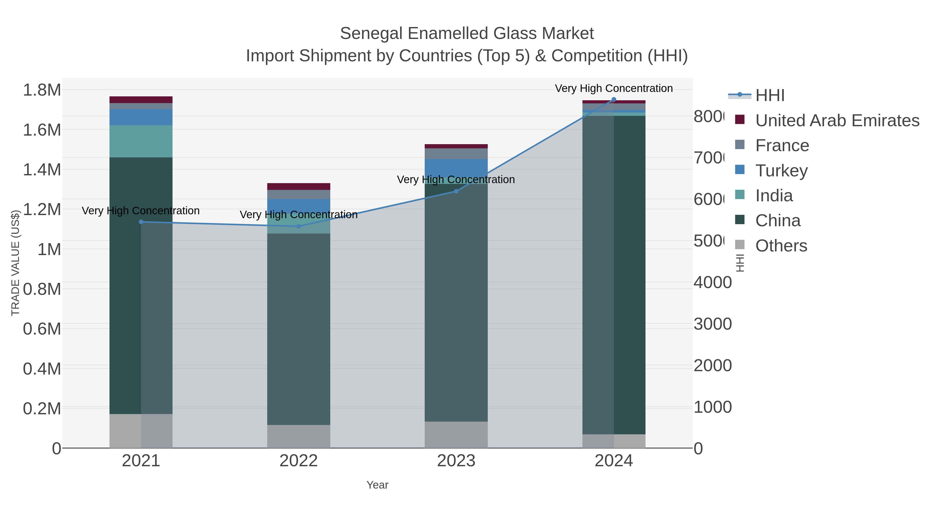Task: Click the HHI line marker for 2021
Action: click(141, 222)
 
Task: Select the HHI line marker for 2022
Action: click(299, 226)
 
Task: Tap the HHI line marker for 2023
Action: click(456, 191)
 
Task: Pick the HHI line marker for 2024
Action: click(614, 99)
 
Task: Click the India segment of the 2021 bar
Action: click(141, 141)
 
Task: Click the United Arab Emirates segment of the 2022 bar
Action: click(299, 187)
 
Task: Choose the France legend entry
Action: click(782, 145)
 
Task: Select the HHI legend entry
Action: click(770, 96)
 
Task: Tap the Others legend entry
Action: click(781, 246)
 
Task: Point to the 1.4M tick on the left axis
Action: click(42, 170)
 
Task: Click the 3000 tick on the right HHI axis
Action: click(712, 324)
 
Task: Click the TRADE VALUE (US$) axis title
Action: click(15, 263)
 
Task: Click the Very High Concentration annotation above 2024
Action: click(614, 88)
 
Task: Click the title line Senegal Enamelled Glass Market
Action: click(467, 34)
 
